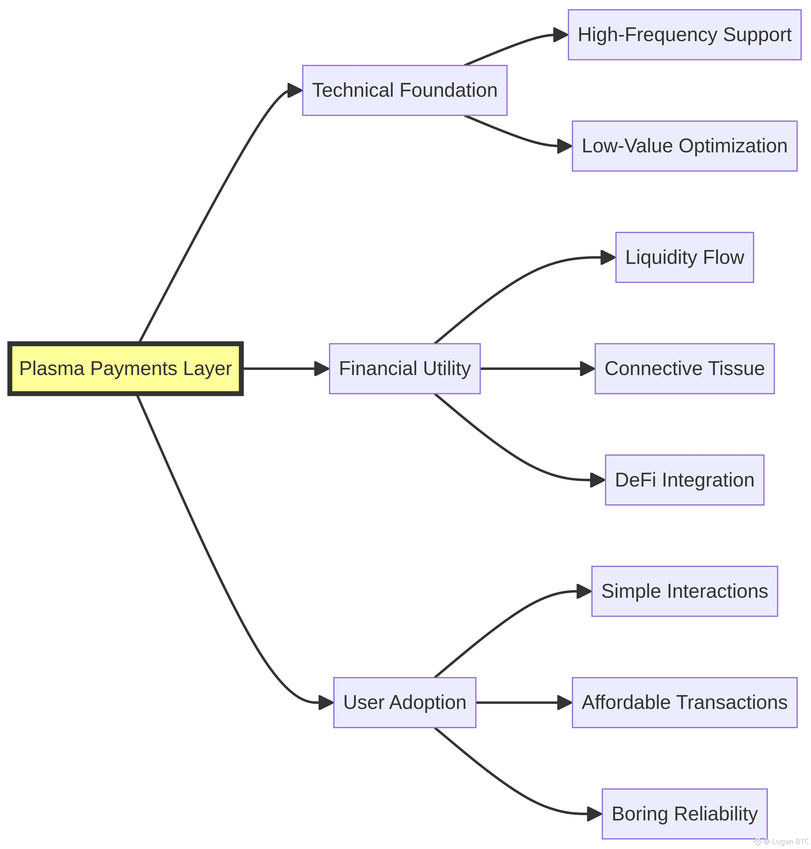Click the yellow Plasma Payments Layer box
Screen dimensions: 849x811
pyautogui.click(x=125, y=369)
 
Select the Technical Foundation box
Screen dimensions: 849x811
pyautogui.click(x=404, y=90)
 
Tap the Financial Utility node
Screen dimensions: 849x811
pyautogui.click(x=404, y=369)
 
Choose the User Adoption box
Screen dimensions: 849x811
pyautogui.click(x=404, y=702)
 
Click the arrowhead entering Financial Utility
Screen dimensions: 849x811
pyautogui.click(x=322, y=369)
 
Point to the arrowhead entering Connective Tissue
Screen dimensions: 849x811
pyautogui.click(x=587, y=369)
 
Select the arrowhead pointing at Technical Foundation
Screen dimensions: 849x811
pyautogui.click(x=295, y=90)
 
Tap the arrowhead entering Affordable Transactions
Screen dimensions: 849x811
pyautogui.click(x=565, y=702)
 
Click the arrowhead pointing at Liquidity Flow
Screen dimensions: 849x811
pyautogui.click(x=608, y=257)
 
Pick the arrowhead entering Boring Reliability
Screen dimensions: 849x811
pyautogui.click(x=594, y=814)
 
